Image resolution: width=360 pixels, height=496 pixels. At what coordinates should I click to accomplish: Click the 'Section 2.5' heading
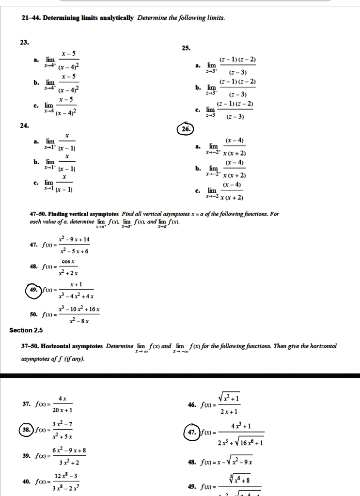26,330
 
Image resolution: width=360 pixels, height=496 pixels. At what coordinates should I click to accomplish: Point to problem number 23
24,43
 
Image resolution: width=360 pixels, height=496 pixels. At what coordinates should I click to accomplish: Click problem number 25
186,47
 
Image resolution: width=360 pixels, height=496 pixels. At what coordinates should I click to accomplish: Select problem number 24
24,125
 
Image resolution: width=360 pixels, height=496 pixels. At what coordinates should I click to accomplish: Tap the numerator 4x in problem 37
63,398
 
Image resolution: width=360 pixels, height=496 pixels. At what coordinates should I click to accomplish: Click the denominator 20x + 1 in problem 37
63,410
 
